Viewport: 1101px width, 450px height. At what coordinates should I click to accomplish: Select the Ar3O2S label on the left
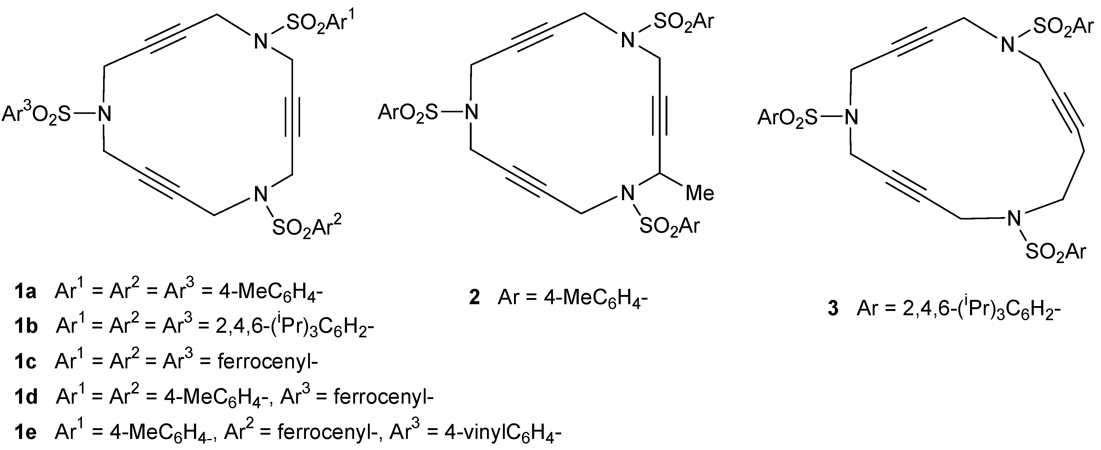[x=36, y=114]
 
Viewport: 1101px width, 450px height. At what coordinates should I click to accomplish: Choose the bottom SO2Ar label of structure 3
[x=1055, y=252]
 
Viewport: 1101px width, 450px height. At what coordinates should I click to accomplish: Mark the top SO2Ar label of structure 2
[x=684, y=21]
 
